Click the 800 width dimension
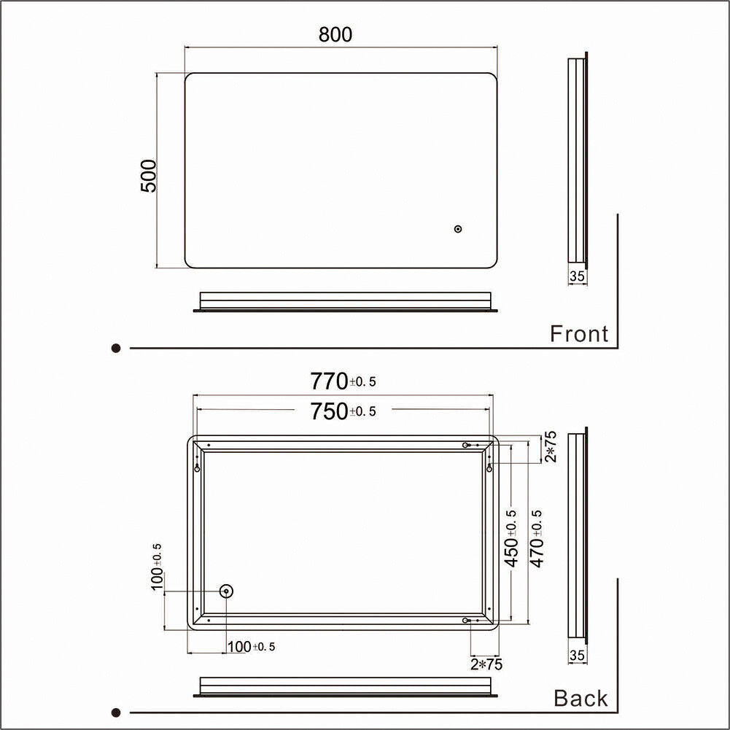pyautogui.click(x=335, y=35)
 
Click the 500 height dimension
pyautogui.click(x=149, y=176)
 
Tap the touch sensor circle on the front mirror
pyautogui.click(x=458, y=228)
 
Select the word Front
pyautogui.click(x=579, y=334)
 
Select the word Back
pyautogui.click(x=580, y=699)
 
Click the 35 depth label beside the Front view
pyautogui.click(x=577, y=276)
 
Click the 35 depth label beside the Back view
pyautogui.click(x=577, y=656)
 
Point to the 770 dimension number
pyautogui.click(x=329, y=381)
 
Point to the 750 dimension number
pyautogui.click(x=329, y=411)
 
